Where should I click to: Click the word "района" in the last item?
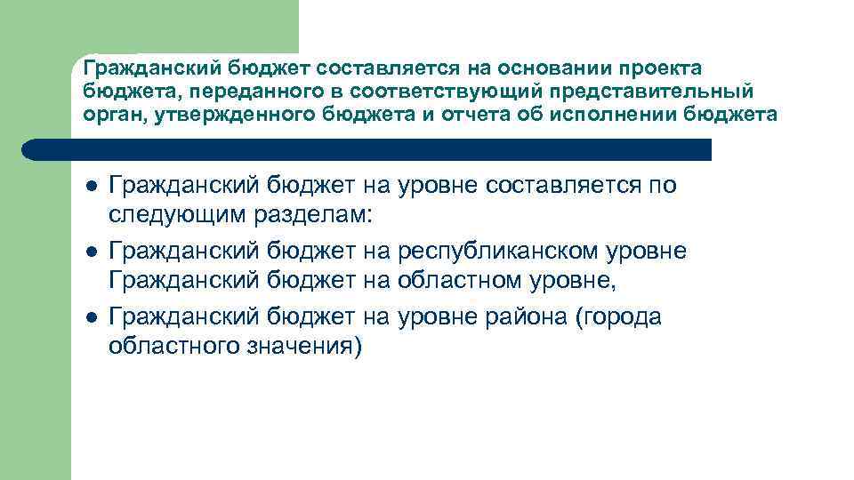[x=524, y=316]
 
